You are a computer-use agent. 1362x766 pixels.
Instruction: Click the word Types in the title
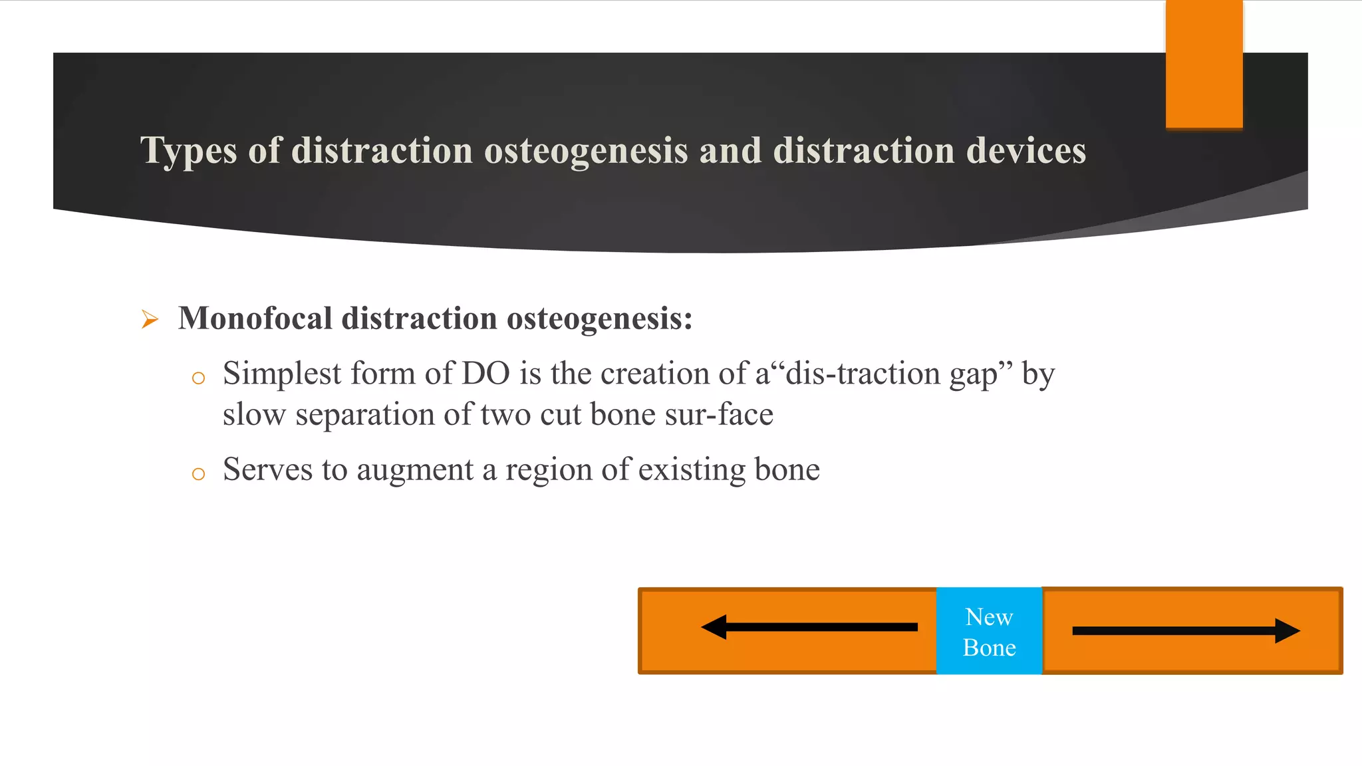point(188,151)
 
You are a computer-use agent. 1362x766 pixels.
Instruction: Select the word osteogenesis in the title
point(585,151)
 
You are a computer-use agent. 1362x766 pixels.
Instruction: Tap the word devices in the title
point(1025,151)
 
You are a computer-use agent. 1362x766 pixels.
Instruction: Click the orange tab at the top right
point(1204,64)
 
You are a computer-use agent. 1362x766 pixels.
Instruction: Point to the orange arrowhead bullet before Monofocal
point(150,320)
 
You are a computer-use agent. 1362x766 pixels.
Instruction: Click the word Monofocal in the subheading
point(255,319)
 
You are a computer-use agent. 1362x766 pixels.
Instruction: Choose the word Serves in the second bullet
point(267,470)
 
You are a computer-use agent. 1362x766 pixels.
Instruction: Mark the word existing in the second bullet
point(692,470)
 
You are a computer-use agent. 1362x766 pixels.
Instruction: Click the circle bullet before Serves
point(198,474)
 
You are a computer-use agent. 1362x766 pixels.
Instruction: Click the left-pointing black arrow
point(809,627)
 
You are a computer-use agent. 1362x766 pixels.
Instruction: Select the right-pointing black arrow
point(1186,631)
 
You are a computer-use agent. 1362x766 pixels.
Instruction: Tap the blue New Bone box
point(989,631)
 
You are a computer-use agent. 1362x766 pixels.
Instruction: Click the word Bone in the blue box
point(989,648)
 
